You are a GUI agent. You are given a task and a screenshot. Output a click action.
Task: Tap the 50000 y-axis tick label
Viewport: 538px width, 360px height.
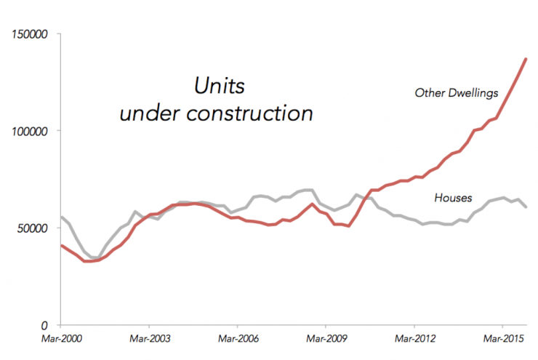(x=31, y=228)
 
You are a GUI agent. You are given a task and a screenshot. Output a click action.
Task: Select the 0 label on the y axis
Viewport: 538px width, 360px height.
(x=45, y=325)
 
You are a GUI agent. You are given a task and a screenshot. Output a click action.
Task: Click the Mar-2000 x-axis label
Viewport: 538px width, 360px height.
(x=60, y=339)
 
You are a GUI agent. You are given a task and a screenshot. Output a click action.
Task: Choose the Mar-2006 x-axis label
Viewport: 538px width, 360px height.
(x=237, y=339)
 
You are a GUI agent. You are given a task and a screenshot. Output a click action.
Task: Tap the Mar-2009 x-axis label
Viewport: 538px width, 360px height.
(x=326, y=339)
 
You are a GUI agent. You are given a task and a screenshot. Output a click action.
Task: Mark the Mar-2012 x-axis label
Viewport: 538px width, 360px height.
(x=414, y=339)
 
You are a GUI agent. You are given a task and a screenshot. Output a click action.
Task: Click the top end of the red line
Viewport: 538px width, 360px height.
(x=526, y=58)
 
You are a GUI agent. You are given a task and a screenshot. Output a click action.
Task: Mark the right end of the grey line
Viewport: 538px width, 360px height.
(x=526, y=207)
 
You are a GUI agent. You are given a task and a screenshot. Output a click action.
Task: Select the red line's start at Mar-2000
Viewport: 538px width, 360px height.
(x=60, y=245)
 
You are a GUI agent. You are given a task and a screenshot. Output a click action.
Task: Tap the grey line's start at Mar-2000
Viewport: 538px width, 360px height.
(x=60, y=217)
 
